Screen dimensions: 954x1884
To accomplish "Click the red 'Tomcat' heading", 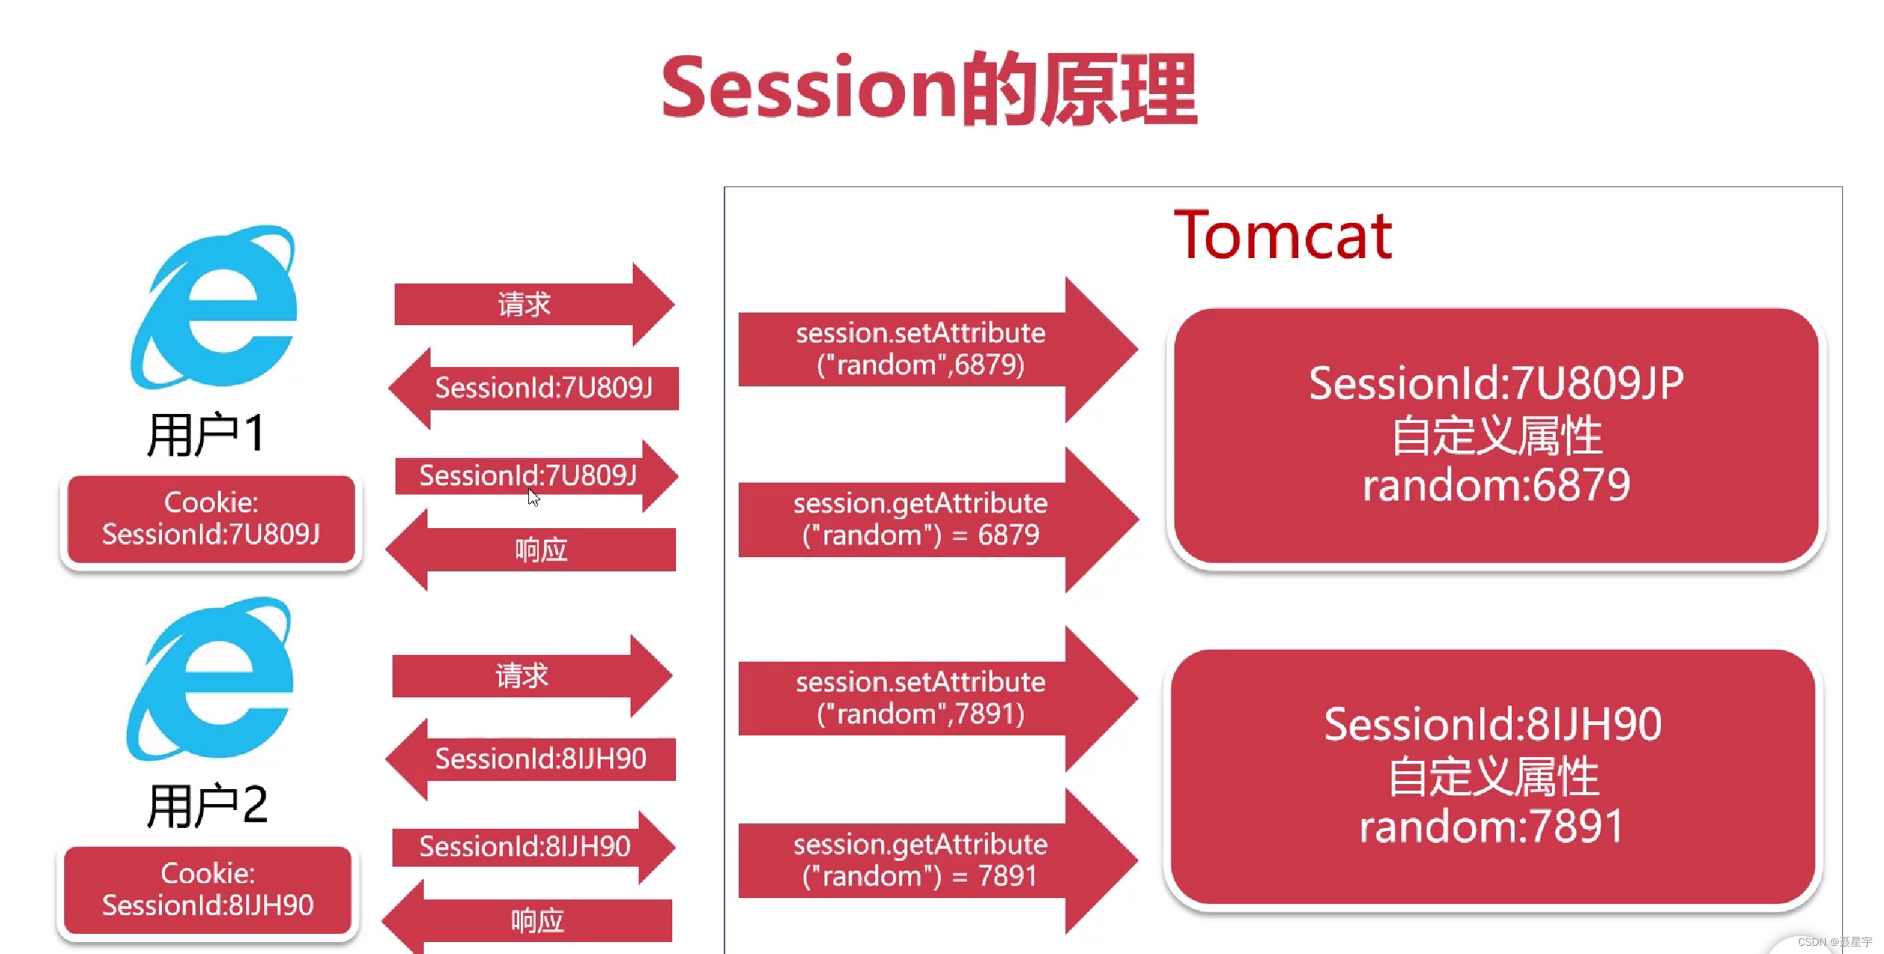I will pos(1283,236).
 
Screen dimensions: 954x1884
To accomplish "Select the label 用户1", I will pos(206,434).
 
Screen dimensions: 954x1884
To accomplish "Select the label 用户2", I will pos(207,806).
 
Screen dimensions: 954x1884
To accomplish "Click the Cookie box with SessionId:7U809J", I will pos(211,519).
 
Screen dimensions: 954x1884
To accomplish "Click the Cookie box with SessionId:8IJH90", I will pos(207,890).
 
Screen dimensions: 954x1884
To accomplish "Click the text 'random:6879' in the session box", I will pos(1496,486).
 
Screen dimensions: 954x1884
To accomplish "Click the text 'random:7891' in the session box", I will pos(1492,826).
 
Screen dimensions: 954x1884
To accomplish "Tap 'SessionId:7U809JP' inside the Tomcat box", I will pos(1496,383).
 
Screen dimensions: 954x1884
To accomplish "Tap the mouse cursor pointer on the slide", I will pos(533,498).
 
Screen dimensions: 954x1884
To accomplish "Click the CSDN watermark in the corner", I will pos(1835,942).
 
